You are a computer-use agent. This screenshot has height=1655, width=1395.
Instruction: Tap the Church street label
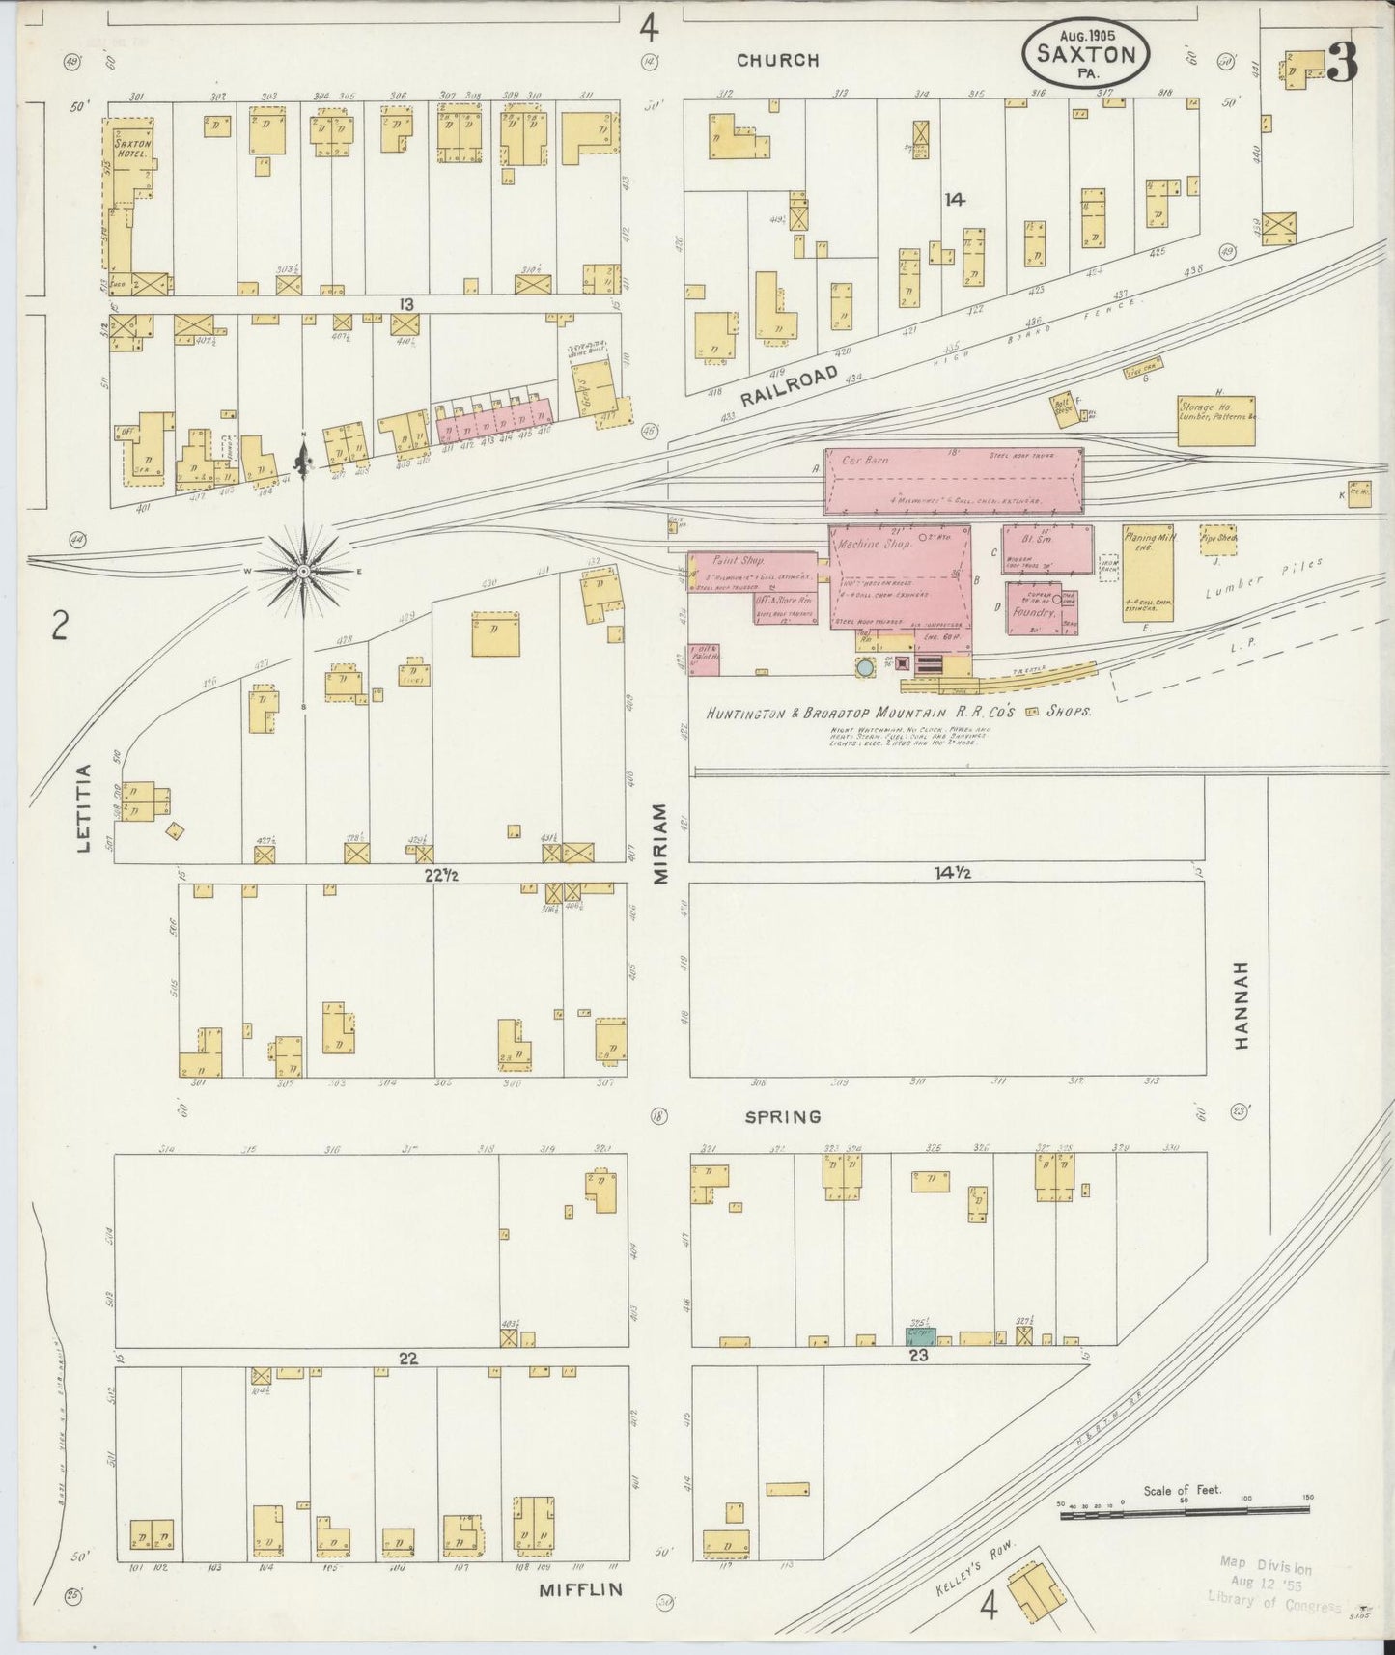tap(777, 60)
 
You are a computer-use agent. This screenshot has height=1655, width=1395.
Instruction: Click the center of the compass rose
tap(303, 571)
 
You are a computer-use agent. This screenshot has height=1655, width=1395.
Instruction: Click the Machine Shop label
tap(876, 544)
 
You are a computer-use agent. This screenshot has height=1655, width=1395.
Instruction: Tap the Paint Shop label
tap(738, 560)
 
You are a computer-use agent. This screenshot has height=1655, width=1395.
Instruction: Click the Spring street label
tap(783, 1116)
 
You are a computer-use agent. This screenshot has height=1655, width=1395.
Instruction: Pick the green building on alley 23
tap(920, 1336)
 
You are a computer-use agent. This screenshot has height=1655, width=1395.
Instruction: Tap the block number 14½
tap(950, 873)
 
